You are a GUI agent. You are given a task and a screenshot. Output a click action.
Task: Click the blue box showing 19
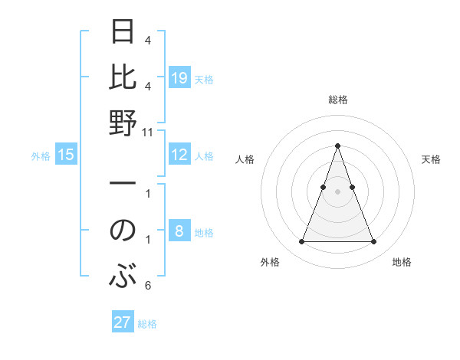click(x=179, y=78)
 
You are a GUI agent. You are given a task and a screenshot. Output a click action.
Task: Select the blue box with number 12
click(x=179, y=155)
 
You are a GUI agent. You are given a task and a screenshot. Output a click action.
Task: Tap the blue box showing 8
click(x=179, y=231)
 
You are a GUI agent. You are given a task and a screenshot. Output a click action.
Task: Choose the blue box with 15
click(x=66, y=155)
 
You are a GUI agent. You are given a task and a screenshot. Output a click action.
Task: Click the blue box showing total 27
click(x=122, y=322)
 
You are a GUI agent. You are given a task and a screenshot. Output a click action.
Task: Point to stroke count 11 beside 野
click(x=148, y=132)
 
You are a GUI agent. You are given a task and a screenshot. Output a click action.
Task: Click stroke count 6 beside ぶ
click(x=148, y=286)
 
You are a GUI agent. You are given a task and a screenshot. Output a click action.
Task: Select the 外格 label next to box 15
click(x=41, y=156)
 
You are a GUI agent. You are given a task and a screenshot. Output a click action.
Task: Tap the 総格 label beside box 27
click(x=147, y=324)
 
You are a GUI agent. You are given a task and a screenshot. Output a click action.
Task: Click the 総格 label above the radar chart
click(x=337, y=100)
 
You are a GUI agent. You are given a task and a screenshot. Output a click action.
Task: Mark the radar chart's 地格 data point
click(x=374, y=242)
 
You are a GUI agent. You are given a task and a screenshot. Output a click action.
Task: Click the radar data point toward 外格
click(x=301, y=242)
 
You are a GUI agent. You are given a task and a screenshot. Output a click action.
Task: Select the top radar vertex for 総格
click(x=337, y=146)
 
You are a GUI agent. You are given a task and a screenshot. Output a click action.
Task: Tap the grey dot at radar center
click(x=337, y=191)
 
